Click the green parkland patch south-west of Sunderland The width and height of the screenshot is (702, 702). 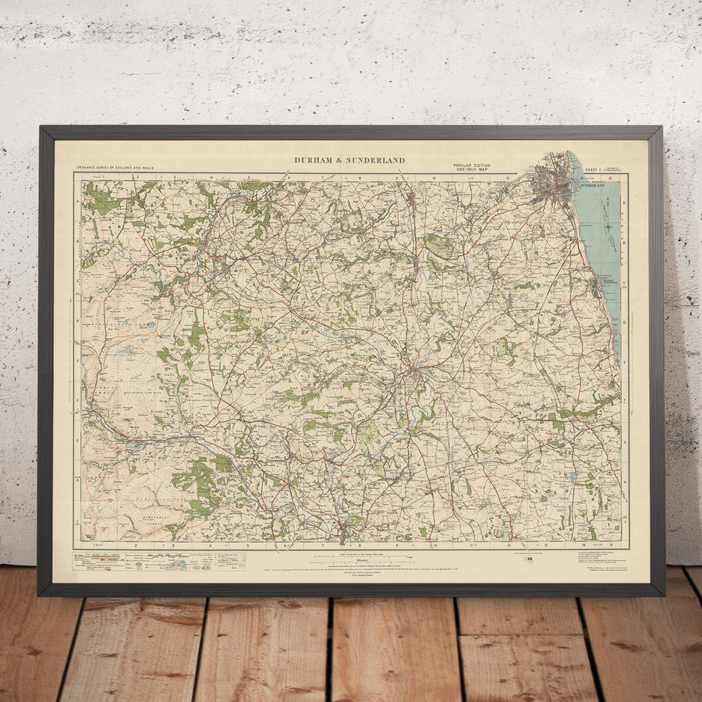pos(439,246)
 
